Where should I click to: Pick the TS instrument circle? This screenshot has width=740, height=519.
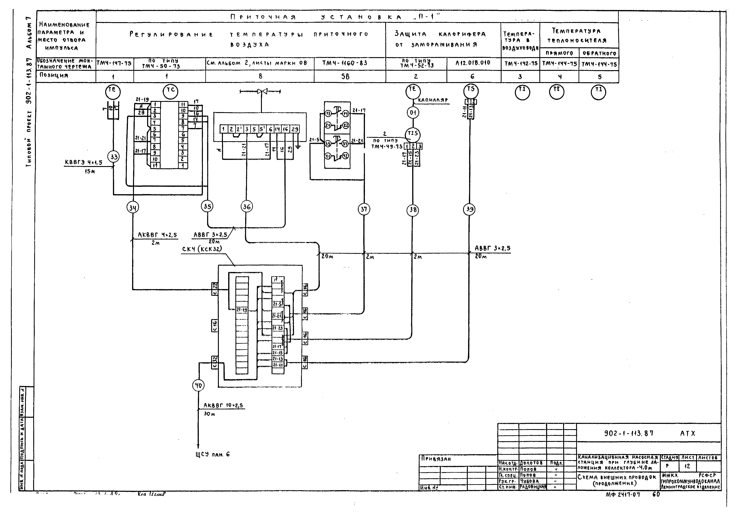click(x=471, y=90)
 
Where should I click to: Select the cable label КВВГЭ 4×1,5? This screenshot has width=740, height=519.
click(x=83, y=162)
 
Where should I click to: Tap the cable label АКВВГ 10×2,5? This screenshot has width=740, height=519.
click(x=223, y=406)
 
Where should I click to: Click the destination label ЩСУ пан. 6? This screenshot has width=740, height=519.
click(x=213, y=454)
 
